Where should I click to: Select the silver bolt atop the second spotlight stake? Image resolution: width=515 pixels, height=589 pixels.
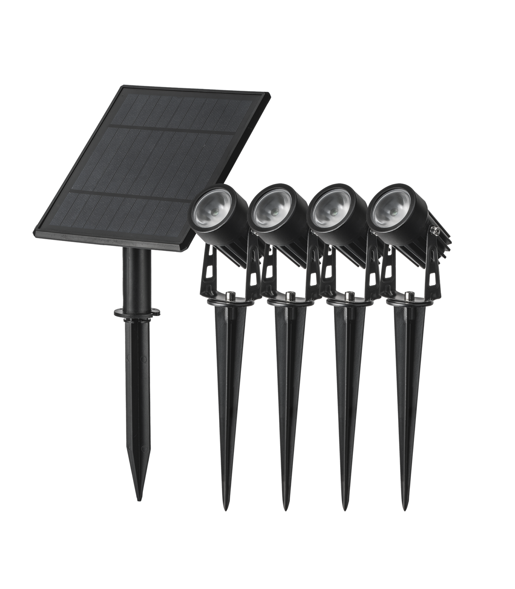(x=290, y=296)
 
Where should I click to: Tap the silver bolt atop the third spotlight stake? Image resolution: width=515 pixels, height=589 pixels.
(x=349, y=296)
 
